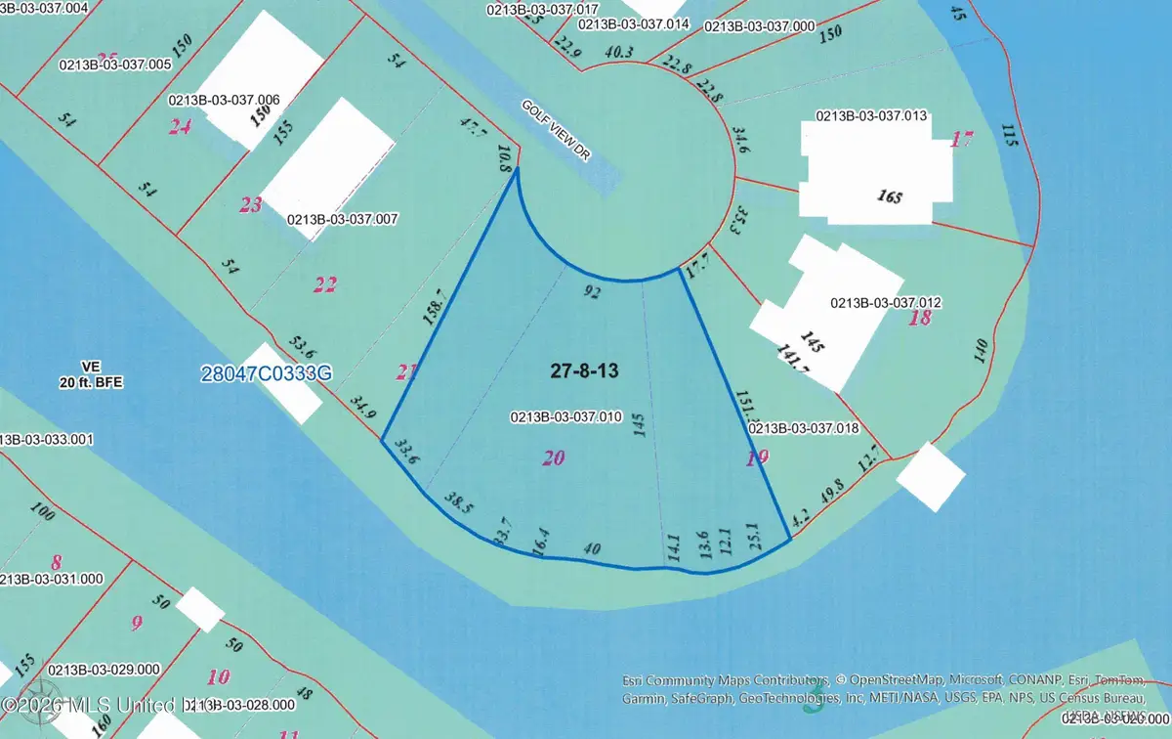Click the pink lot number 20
click(553, 457)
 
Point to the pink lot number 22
click(324, 284)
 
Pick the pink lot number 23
click(251, 205)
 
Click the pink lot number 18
click(919, 319)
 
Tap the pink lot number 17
click(962, 139)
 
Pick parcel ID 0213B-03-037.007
click(342, 219)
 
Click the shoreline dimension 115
click(1009, 137)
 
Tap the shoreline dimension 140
click(982, 352)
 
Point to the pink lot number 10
click(219, 675)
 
